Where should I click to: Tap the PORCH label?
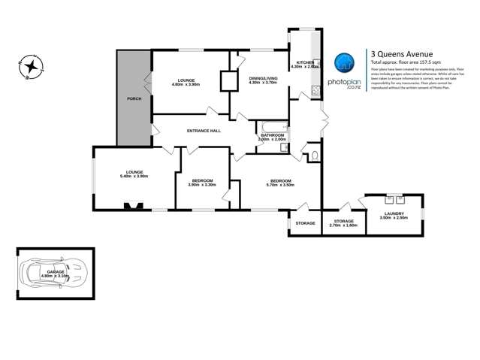tap(134, 98)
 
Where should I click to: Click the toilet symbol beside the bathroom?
tap(314, 156)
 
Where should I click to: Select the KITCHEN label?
tap(304, 62)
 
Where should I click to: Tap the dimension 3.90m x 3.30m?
tap(202, 185)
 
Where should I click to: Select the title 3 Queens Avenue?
tap(397, 53)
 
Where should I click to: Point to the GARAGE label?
tap(56, 271)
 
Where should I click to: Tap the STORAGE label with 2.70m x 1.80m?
tap(343, 221)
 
